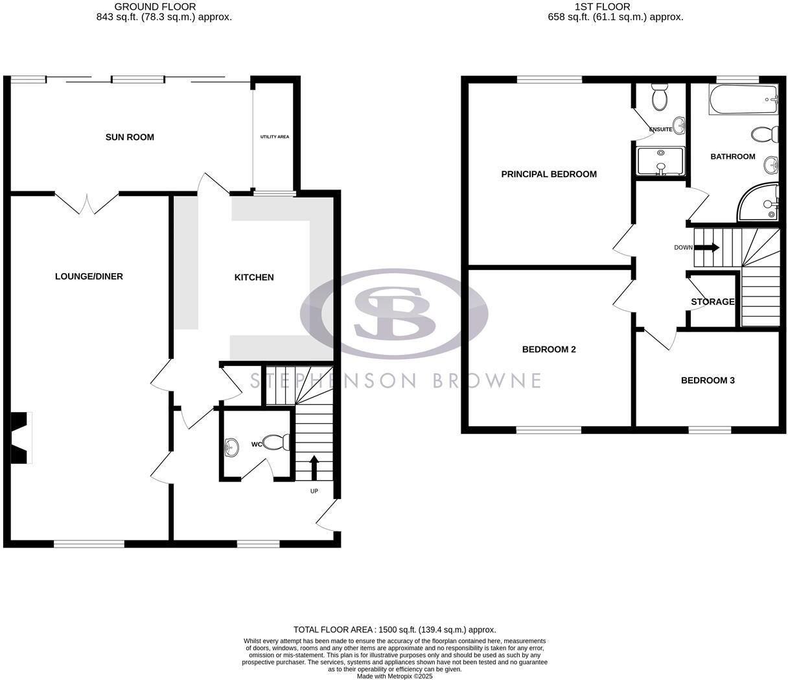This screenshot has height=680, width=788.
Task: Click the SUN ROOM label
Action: tap(130, 137)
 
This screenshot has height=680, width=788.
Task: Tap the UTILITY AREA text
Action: tap(275, 137)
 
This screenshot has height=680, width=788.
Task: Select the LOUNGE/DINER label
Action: tap(89, 276)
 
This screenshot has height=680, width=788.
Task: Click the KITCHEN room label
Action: tap(254, 277)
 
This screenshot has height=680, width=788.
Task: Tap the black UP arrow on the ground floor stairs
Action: tap(314, 467)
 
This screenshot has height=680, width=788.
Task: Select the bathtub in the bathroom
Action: tap(743, 100)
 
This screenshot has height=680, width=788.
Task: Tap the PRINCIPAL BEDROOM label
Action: tap(549, 174)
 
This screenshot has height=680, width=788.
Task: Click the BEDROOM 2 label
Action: tap(549, 349)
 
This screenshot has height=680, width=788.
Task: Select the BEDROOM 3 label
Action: tap(708, 380)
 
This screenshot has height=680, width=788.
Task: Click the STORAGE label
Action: tap(712, 302)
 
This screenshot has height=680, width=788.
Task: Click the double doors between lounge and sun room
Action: tap(86, 203)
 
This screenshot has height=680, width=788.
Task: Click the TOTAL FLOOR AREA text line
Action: tap(395, 629)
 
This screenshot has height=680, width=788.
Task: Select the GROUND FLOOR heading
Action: tap(155, 6)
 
